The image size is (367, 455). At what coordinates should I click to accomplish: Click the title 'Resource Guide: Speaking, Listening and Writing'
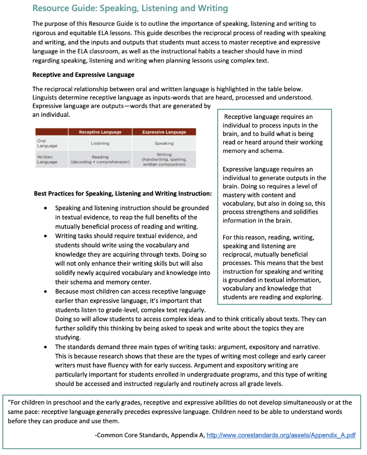130,8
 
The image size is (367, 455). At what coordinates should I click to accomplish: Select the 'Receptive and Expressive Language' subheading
83,74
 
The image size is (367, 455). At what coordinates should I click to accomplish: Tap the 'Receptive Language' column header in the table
100,132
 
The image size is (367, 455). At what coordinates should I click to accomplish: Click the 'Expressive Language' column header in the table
164,132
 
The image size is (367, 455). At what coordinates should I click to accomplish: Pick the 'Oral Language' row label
44,143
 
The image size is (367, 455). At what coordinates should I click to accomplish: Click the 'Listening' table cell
100,144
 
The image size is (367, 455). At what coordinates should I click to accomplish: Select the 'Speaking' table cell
164,144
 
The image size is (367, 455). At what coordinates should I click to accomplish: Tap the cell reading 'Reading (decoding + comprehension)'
100,160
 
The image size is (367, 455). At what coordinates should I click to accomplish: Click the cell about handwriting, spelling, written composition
164,160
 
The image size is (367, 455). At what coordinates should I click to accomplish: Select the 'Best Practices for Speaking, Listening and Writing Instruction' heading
123,194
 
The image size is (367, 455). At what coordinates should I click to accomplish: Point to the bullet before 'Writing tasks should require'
46,236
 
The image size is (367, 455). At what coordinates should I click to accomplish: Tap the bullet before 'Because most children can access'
46,292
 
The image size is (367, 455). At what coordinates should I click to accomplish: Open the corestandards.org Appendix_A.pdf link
281,435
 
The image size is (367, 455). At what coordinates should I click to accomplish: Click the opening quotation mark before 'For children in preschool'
10,403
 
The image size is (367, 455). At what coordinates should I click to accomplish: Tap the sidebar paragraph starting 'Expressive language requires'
274,195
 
